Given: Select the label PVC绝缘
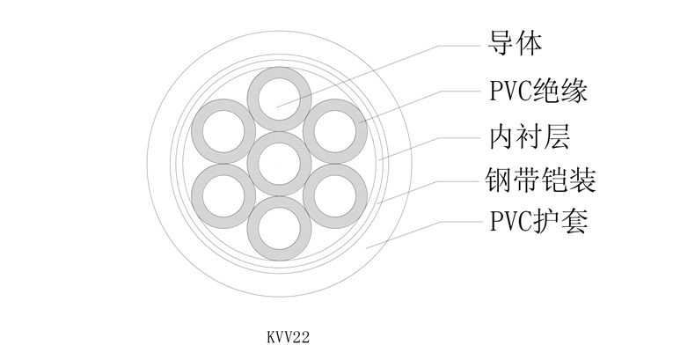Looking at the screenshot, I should pyautogui.click(x=537, y=90).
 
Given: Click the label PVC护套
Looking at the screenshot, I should pyautogui.click(x=537, y=221).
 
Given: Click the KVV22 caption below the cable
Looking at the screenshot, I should pyautogui.click(x=290, y=335).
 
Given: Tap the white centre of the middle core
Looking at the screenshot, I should pyautogui.click(x=278, y=163).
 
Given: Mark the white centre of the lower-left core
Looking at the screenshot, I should pyautogui.click(x=222, y=194).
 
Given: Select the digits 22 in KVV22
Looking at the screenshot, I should pyautogui.click(x=304, y=335).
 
